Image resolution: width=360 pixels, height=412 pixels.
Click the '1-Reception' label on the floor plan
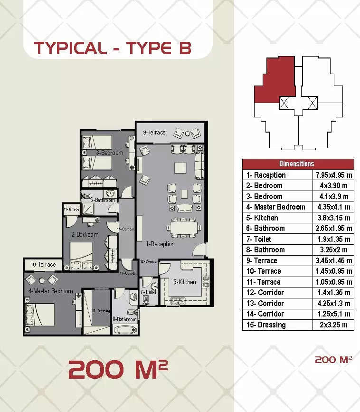click(160, 244)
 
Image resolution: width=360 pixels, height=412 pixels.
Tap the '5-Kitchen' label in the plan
click(184, 282)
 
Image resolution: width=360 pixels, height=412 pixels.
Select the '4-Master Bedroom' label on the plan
click(50, 291)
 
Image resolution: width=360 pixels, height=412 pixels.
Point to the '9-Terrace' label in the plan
click(154, 133)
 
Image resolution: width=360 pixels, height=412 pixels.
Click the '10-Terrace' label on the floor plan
click(43, 265)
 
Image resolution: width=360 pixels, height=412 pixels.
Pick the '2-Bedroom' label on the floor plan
click(85, 234)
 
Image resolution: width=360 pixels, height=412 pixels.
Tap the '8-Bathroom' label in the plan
click(125, 320)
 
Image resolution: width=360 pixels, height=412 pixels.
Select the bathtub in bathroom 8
click(125, 329)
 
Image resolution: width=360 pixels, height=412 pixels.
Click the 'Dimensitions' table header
click(298, 164)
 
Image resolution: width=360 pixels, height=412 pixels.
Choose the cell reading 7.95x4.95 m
click(333, 175)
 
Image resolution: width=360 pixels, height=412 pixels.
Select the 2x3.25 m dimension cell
click(333, 325)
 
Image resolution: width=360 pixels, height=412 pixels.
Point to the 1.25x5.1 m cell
click(333, 314)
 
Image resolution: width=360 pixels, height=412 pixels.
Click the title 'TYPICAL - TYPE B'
click(113, 48)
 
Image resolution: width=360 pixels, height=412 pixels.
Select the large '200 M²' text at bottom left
click(118, 369)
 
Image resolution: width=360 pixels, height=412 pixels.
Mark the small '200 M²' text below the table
click(333, 360)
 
